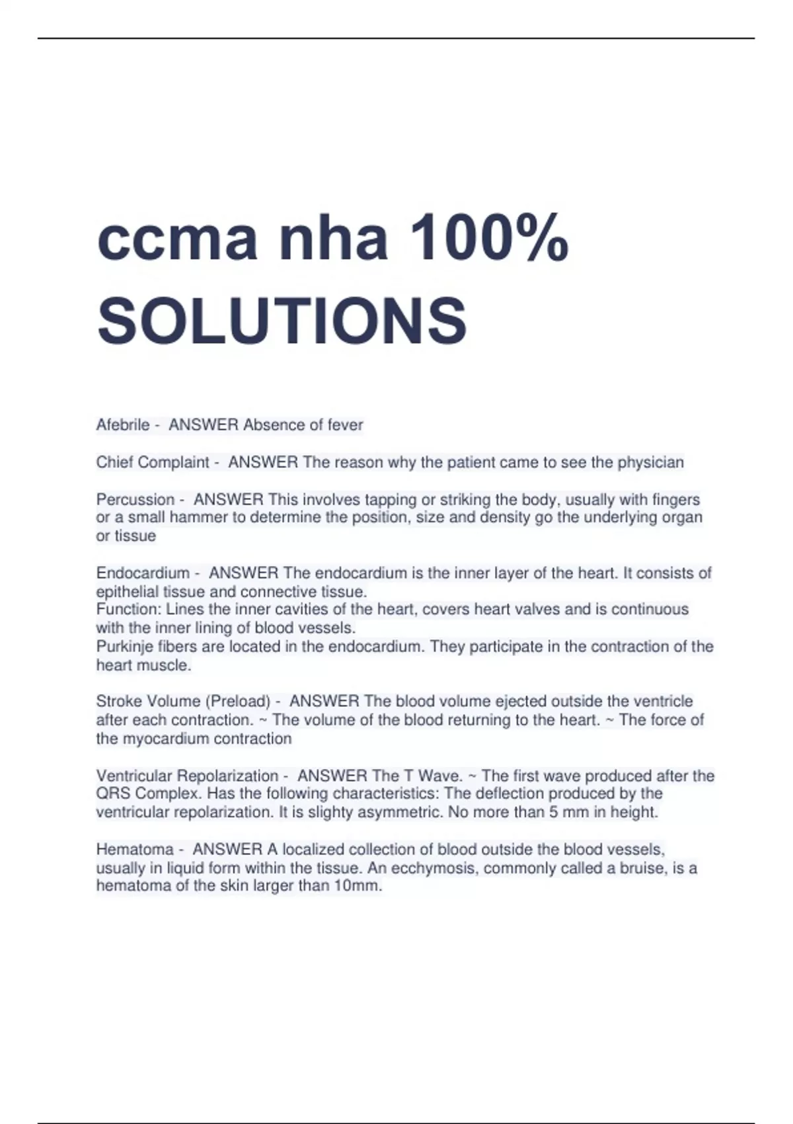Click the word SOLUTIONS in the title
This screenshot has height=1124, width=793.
point(282,321)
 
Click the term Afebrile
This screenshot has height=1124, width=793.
point(123,424)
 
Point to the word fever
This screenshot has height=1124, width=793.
point(346,424)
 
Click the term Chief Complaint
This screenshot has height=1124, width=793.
point(153,462)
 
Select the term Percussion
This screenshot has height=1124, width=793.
point(135,499)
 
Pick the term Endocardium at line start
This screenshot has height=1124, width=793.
point(143,573)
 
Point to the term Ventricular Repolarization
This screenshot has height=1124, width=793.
point(187,776)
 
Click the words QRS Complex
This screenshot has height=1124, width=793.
point(142,793)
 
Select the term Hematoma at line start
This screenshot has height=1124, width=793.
point(135,849)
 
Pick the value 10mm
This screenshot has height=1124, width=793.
point(358,886)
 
